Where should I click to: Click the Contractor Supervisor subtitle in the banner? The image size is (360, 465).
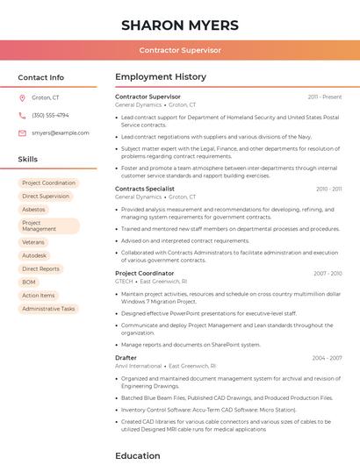pyautogui.click(x=179, y=50)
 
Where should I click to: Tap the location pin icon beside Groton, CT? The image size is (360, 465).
pyautogui.click(x=22, y=97)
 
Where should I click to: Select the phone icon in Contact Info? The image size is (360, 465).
pyautogui.click(x=22, y=115)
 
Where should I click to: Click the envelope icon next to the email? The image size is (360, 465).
pyautogui.click(x=22, y=132)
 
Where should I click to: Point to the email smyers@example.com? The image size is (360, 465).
pyautogui.click(x=60, y=132)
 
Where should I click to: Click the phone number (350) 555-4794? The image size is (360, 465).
pyautogui.click(x=50, y=115)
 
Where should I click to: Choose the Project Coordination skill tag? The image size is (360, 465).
pyautogui.click(x=48, y=183)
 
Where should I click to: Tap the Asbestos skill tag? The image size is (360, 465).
pyautogui.click(x=33, y=210)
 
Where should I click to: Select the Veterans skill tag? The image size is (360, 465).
pyautogui.click(x=33, y=242)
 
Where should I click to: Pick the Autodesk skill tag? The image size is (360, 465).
pyautogui.click(x=34, y=255)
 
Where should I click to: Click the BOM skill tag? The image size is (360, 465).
pyautogui.click(x=29, y=282)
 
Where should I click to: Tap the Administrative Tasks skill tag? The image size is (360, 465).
pyautogui.click(x=48, y=309)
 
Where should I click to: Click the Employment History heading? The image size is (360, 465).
pyautogui.click(x=160, y=77)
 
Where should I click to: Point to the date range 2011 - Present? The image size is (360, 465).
pyautogui.click(x=324, y=97)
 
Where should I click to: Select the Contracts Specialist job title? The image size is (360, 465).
pyautogui.click(x=145, y=189)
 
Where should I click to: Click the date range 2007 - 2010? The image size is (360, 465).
pyautogui.click(x=328, y=274)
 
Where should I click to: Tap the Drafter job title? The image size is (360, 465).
pyautogui.click(x=126, y=358)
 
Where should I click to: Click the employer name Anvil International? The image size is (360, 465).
pyautogui.click(x=138, y=366)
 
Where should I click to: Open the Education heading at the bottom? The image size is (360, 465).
pyautogui.click(x=137, y=455)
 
